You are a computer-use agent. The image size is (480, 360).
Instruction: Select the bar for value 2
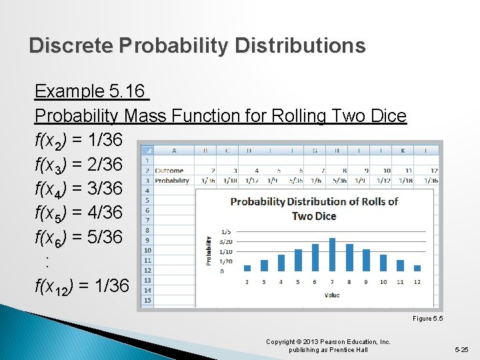247,268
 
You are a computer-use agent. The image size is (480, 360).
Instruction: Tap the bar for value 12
417,268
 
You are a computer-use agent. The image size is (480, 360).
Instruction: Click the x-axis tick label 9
366,282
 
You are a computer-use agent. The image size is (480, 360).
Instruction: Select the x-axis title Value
331,295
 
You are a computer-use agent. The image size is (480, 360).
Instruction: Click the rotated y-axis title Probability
209,251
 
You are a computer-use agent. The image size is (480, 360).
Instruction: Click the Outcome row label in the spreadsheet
169,171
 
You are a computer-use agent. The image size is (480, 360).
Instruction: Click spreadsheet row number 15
147,300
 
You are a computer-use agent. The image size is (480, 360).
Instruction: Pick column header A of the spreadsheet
174,150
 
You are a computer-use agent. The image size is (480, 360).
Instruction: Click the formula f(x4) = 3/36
78,188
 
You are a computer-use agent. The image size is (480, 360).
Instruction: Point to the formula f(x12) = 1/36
81,286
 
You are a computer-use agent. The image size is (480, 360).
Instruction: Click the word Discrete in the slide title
71,45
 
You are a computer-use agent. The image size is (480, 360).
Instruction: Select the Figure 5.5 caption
427,319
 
